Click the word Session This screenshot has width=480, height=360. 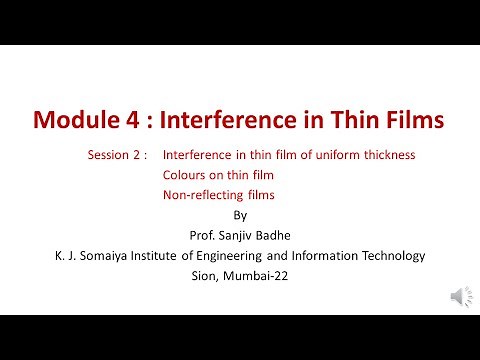tap(106, 156)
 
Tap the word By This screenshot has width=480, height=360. tap(238, 215)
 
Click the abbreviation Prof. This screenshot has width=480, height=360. tap(201, 235)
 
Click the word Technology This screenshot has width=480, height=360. tap(397, 256)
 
